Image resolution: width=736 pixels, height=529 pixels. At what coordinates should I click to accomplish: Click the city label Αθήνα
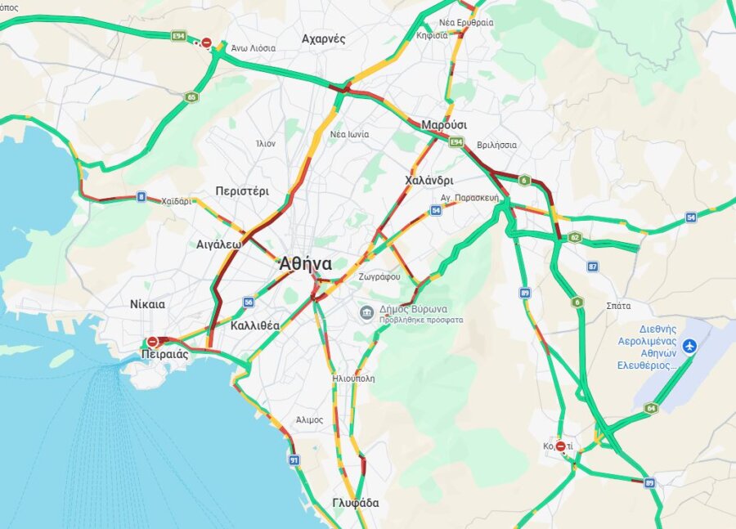(x=305, y=264)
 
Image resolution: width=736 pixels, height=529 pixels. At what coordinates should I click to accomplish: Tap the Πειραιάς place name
(x=164, y=355)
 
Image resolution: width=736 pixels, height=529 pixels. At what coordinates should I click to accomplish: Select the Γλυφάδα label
(x=355, y=503)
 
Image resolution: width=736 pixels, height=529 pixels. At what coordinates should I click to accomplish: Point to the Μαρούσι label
(x=444, y=125)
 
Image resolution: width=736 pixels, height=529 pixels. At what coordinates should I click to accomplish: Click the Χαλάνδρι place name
(x=429, y=180)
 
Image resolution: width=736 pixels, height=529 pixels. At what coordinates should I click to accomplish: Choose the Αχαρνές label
(x=323, y=38)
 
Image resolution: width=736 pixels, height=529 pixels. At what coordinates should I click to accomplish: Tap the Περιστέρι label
(x=242, y=191)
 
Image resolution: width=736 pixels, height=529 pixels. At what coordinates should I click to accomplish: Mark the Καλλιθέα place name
(x=254, y=325)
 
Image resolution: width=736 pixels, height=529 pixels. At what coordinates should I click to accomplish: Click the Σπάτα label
(x=618, y=306)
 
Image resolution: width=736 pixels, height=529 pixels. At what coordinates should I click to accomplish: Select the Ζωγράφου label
(x=379, y=277)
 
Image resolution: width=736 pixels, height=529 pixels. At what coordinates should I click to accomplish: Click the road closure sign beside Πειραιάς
(x=152, y=343)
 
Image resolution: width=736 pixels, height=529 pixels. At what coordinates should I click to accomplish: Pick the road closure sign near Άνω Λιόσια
(x=207, y=43)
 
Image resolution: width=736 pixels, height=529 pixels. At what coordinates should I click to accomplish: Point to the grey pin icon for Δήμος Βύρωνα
(x=368, y=312)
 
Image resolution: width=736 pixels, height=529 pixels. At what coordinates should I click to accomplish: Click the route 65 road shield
(x=191, y=96)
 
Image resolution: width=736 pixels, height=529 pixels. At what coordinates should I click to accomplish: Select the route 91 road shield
(x=294, y=461)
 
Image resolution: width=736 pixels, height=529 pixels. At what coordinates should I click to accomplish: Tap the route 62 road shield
(x=575, y=238)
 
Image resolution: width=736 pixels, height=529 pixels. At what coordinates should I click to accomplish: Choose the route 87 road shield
(x=593, y=267)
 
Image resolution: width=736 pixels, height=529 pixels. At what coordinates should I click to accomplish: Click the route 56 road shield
(x=248, y=302)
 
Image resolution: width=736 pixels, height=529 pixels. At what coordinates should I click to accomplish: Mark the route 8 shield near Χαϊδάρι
(x=141, y=197)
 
